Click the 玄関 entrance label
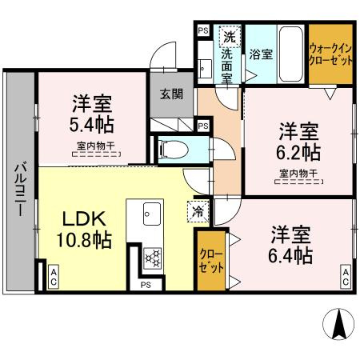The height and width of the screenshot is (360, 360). coord(171,94)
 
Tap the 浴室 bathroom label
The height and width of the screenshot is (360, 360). coord(260,54)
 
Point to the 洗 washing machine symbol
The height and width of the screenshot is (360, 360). coord(230,37)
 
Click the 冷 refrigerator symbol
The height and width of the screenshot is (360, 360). coord(198,212)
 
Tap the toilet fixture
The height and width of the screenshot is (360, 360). coord(173,148)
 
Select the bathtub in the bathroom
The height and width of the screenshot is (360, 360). coord(290,53)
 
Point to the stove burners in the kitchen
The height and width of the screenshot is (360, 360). coord(152,257)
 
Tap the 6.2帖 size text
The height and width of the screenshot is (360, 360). coord(299,152)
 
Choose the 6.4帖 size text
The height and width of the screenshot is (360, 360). coord(290,255)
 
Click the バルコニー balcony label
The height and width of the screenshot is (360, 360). coord(18,189)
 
